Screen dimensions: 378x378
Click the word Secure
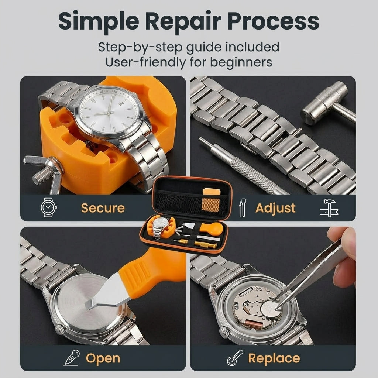(x=103, y=208)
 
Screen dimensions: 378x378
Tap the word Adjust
(x=275, y=208)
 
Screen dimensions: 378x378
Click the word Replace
(x=274, y=358)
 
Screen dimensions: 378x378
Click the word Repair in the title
(x=183, y=21)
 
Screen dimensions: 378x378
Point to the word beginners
(x=241, y=62)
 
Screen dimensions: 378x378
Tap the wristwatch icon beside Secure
(x=49, y=207)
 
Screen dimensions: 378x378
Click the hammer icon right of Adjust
(x=329, y=208)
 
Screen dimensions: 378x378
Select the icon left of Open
(x=72, y=358)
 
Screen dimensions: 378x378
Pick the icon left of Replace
(x=235, y=358)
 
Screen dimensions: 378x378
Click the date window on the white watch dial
(x=121, y=103)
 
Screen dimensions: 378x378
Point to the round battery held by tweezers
(x=271, y=309)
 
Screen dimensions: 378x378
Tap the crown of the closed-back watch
(x=59, y=330)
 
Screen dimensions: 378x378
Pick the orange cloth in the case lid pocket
(x=211, y=200)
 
